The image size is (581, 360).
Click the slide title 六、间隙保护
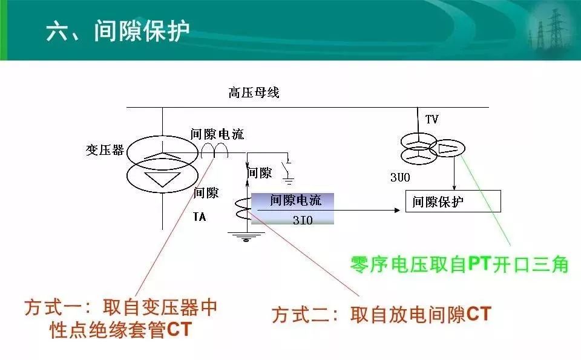[x=117, y=30]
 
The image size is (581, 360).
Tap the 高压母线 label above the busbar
[x=254, y=92]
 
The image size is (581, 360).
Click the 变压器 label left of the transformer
[x=105, y=150]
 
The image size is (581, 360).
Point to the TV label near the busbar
[x=432, y=119]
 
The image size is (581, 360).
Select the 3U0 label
[x=400, y=177]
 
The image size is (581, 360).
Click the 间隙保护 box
[x=453, y=201]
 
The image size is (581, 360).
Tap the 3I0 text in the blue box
[x=303, y=220]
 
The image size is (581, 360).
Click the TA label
[x=199, y=217]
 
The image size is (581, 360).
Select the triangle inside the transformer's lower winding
[x=162, y=179]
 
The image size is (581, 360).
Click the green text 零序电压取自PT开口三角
[x=459, y=264]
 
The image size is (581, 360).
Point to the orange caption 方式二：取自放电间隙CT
[x=382, y=315]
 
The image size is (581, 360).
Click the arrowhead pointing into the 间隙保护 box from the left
[x=398, y=211]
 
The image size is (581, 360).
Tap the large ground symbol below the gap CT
[x=246, y=237]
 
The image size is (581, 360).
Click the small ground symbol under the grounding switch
[x=288, y=181]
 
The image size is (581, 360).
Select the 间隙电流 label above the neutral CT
[x=217, y=134]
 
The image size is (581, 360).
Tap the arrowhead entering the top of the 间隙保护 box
[x=455, y=188]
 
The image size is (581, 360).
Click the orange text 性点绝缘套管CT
[x=121, y=329]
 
